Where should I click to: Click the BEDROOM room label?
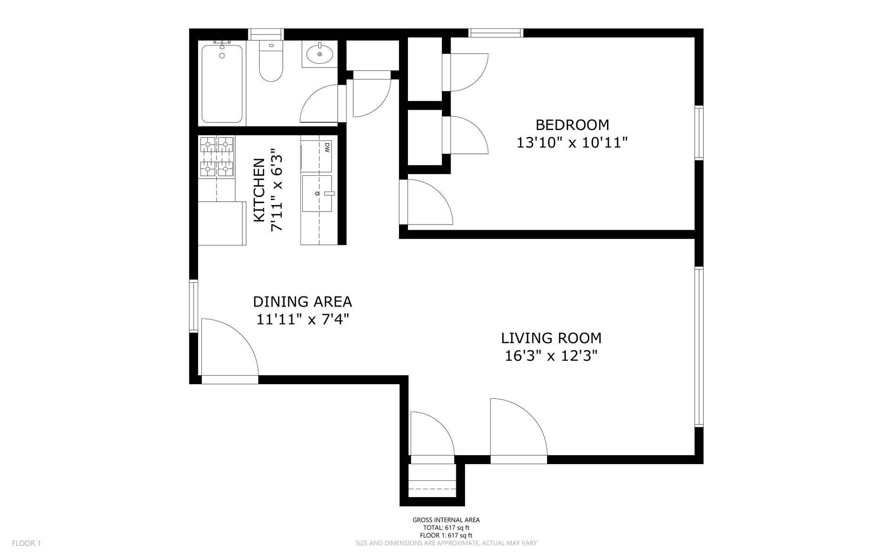(572, 125)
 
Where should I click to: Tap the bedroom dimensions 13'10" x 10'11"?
(572, 143)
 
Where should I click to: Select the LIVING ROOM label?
(551, 338)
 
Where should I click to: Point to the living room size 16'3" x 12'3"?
(551, 356)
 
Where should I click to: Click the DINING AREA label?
(302, 302)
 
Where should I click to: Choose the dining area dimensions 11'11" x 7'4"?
(302, 320)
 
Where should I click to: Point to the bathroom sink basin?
(320, 54)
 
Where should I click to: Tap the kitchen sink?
(318, 193)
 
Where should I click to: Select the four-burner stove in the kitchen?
(217, 156)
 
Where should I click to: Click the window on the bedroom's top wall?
(496, 33)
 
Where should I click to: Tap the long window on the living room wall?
(699, 347)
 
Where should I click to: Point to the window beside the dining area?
(193, 306)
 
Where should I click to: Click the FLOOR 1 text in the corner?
(27, 543)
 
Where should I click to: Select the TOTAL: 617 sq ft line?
(446, 528)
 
